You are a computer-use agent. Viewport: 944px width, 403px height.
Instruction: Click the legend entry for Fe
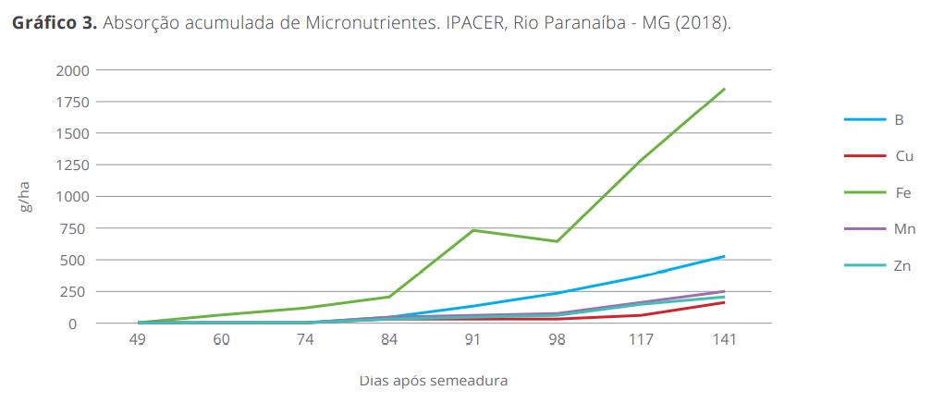pos(903,193)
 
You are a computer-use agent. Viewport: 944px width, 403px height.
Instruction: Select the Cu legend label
pos(904,156)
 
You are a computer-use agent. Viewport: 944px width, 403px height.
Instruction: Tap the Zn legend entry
pos(903,265)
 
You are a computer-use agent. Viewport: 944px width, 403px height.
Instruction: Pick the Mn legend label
pos(904,229)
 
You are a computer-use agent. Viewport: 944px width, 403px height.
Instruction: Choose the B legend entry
pos(899,119)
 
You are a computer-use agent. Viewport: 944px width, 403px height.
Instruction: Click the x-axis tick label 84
pos(389,340)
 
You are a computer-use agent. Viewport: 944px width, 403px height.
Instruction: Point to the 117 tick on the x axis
pos(642,340)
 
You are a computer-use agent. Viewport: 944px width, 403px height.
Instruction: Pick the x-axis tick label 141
pos(725,340)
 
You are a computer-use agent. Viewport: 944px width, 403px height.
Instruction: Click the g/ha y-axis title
pos(26,197)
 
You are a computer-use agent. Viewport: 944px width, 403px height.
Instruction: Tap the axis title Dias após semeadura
pos(433,380)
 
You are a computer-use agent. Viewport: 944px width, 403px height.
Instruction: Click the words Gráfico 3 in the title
pos(54,22)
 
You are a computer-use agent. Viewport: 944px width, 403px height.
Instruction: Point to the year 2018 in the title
pos(705,22)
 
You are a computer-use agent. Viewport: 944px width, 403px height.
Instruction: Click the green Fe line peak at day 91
pos(473,230)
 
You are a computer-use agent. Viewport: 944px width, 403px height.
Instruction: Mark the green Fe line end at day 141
pos(725,89)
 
